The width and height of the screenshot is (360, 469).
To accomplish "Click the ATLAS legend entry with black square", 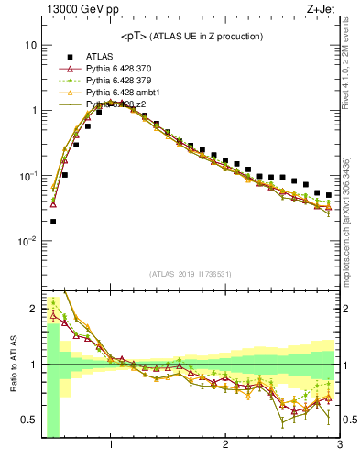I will [101, 57].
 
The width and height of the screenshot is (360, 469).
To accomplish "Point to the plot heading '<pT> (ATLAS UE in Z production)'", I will [191, 36].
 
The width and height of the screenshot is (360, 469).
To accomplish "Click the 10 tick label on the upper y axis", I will [30, 45].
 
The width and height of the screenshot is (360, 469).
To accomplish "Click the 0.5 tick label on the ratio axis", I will [29, 420].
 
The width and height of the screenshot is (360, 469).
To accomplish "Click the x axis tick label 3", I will [339, 446].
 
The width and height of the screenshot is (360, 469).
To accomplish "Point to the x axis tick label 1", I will [111, 446].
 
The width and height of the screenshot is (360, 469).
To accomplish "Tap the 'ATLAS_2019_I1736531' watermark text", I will [191, 274].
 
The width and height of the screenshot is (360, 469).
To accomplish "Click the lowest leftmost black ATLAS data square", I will [53, 221].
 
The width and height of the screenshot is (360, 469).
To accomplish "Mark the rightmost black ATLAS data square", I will [329, 195].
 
